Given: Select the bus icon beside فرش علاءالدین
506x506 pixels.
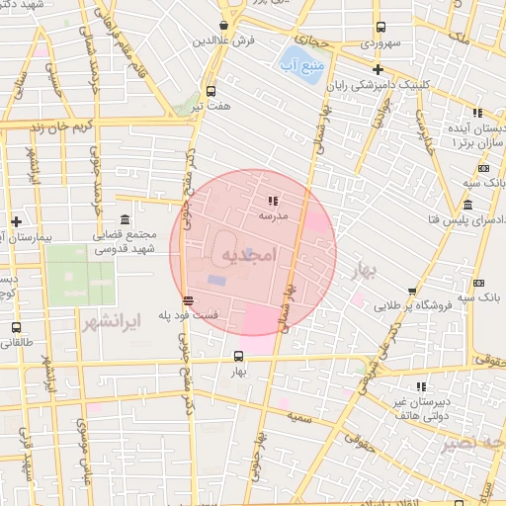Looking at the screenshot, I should click(225, 26).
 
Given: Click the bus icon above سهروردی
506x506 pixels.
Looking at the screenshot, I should click(379, 28).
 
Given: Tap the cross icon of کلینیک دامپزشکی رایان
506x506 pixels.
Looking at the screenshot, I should click(377, 69).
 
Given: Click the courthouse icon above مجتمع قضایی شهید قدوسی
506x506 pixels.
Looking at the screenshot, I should click(125, 219).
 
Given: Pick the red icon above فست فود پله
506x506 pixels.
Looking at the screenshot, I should click(188, 300).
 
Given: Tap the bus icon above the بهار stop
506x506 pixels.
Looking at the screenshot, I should click(238, 356).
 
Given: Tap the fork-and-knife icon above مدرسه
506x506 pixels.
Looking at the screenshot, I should click(273, 201).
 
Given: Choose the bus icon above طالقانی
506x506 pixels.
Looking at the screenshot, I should click(16, 326).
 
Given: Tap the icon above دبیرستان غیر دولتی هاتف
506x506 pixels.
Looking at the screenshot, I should click(419, 386).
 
